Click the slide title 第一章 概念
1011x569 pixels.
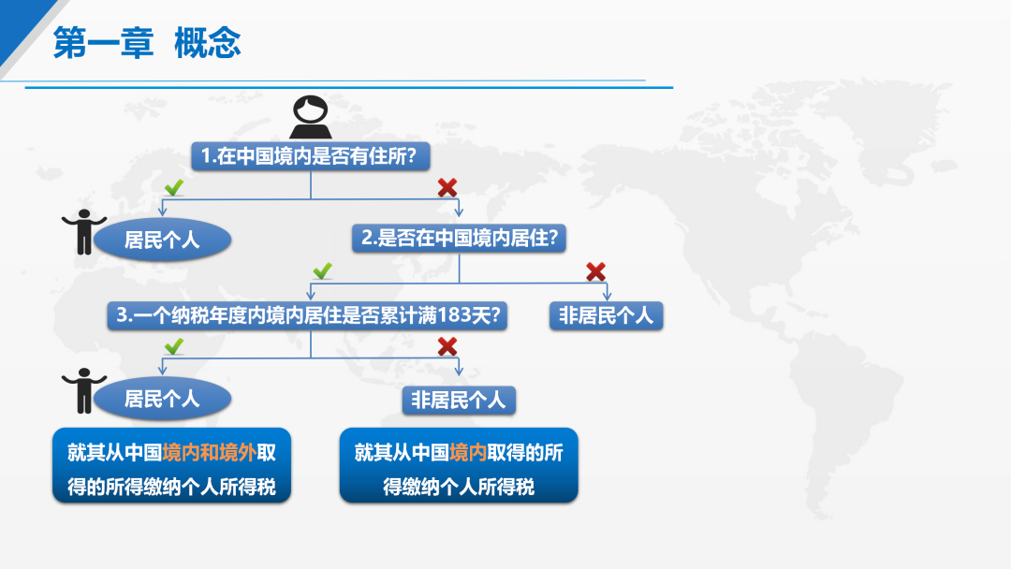click(x=147, y=43)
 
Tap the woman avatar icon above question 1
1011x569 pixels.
click(x=310, y=117)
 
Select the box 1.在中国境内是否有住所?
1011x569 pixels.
click(x=310, y=156)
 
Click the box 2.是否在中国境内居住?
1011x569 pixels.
click(x=459, y=238)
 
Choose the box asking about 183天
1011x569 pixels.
click(x=307, y=315)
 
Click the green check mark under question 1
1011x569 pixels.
click(x=174, y=187)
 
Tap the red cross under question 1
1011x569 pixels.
click(x=447, y=187)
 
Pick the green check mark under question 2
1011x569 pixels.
click(x=322, y=270)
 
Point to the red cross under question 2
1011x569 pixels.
click(x=595, y=271)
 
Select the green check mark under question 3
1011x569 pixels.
click(x=174, y=346)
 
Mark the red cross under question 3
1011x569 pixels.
click(x=447, y=346)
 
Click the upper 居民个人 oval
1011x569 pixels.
click(x=163, y=240)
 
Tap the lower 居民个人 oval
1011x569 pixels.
click(x=163, y=399)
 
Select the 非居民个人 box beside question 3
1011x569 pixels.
click(x=606, y=315)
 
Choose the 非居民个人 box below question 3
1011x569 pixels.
click(x=459, y=401)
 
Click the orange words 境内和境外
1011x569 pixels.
click(x=210, y=452)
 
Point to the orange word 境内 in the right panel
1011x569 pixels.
click(x=468, y=452)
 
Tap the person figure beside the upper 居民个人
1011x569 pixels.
click(x=84, y=232)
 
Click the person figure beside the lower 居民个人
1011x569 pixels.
click(x=84, y=390)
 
